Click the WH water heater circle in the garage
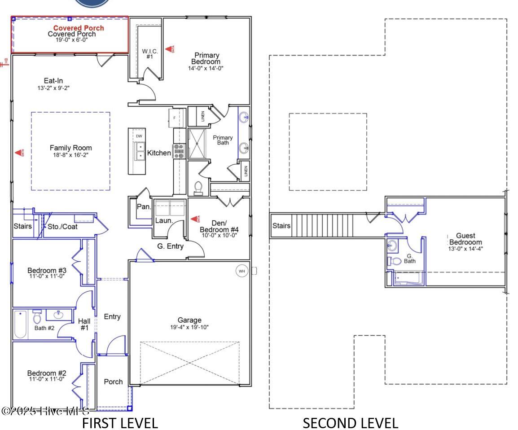point(241,271)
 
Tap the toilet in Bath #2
point(37,317)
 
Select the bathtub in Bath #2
point(21,325)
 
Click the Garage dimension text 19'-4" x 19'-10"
point(189,327)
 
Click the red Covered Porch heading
point(79,28)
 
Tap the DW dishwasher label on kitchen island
point(139,136)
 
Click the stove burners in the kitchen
point(179,151)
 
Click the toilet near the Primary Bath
point(198,188)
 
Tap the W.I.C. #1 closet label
point(150,54)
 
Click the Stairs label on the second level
point(281,226)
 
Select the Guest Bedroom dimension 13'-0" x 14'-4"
point(465,248)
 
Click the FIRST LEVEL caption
point(120,423)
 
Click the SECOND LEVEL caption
point(350,423)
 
